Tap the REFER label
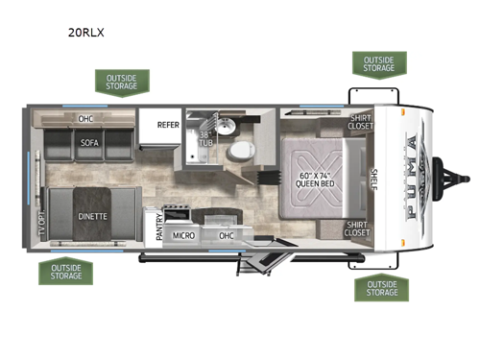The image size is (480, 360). point(167,125)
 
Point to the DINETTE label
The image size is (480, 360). point(92,216)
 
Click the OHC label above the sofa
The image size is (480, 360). point(84,120)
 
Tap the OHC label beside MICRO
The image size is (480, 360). point(227,234)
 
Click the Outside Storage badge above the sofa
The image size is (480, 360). point(122,81)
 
